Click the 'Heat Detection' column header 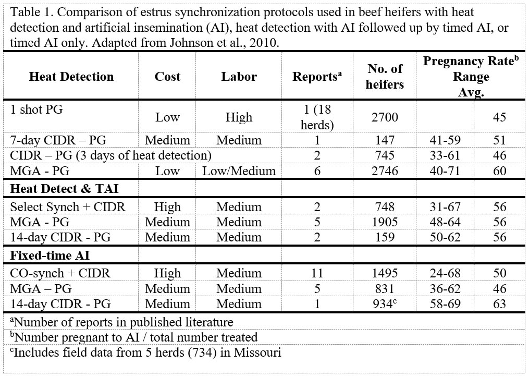71,77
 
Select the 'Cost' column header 167,77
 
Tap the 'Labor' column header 239,77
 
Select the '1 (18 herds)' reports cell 317,117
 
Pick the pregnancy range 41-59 445,140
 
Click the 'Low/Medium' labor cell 239,171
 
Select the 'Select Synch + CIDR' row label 68,207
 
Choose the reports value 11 317,273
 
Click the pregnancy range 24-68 445,273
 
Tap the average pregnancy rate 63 499,303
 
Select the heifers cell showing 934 384,303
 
